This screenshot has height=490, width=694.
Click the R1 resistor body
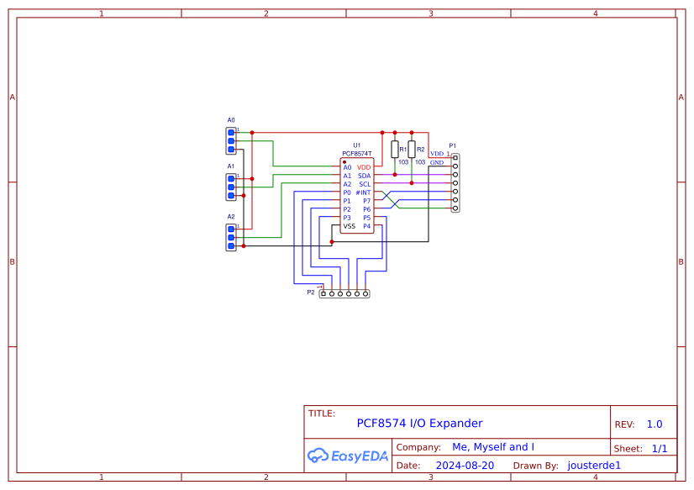coord(395,150)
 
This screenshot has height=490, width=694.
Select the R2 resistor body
coord(412,150)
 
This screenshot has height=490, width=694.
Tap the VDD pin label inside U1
coord(364,167)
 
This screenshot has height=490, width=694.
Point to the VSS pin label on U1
coord(349,226)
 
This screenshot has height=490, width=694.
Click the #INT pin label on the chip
coord(363,192)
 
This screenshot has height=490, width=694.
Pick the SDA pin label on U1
coord(364,176)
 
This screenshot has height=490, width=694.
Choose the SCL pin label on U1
coord(365,184)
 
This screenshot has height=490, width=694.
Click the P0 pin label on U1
coord(347,192)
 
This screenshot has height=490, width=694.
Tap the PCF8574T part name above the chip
coord(356,154)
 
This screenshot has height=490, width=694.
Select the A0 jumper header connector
coord(231,140)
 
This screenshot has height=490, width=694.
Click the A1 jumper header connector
coord(231,187)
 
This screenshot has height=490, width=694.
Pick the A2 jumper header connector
coord(231,237)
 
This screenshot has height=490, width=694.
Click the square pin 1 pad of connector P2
coord(323,293)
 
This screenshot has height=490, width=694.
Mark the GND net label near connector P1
coord(437,162)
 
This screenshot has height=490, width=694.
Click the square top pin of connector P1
coord(455,158)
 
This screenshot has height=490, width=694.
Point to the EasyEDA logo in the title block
coord(348,456)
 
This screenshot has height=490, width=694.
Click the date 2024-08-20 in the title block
coord(465,465)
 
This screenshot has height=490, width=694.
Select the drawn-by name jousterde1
coord(594,465)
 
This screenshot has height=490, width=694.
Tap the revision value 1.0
coord(655,424)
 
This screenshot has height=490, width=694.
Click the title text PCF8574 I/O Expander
coord(419,424)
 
